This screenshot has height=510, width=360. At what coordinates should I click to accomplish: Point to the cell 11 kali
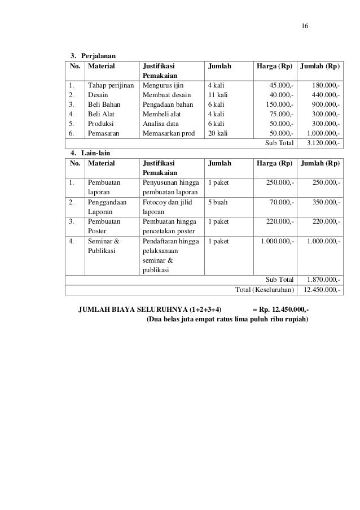click(x=218, y=94)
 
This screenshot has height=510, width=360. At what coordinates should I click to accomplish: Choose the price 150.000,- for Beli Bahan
click(x=279, y=104)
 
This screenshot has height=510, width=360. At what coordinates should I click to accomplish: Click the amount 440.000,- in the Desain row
click(x=324, y=94)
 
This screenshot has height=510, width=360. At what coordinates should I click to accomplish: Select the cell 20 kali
click(x=218, y=133)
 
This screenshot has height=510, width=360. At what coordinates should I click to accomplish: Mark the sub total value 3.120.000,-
click(x=323, y=143)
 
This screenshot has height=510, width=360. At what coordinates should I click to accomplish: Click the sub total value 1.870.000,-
click(x=323, y=280)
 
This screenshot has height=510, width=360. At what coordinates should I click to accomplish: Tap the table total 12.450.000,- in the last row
click(x=322, y=290)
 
